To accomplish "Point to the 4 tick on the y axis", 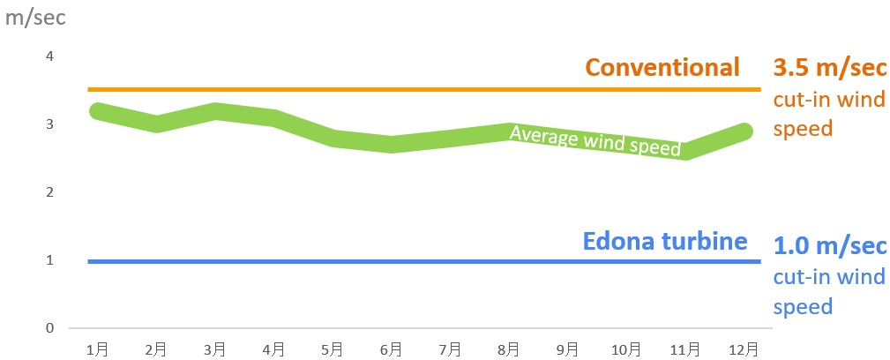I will click(49, 56).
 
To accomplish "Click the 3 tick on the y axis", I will click(49, 124).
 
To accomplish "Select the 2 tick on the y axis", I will click(49, 192).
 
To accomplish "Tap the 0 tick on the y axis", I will click(49, 328).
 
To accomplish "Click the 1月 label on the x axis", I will click(98, 349).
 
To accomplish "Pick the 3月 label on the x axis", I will click(215, 349).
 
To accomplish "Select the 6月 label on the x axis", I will click(391, 349).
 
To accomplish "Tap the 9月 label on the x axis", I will click(567, 349).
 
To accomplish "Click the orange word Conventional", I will click(662, 67).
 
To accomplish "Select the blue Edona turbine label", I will click(665, 241).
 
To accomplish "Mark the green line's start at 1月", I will click(98, 111).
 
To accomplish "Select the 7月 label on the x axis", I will click(450, 349).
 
